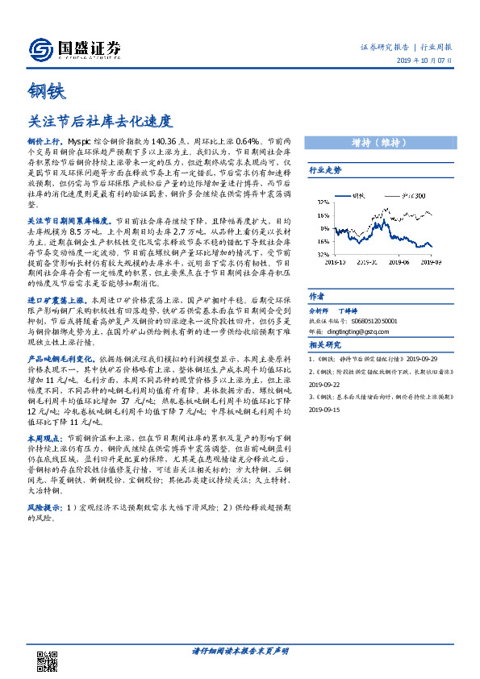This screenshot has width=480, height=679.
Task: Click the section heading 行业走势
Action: click(325, 170)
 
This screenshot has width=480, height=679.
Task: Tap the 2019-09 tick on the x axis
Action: click(431, 260)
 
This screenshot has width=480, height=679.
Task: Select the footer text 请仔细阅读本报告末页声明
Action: click(240, 650)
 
